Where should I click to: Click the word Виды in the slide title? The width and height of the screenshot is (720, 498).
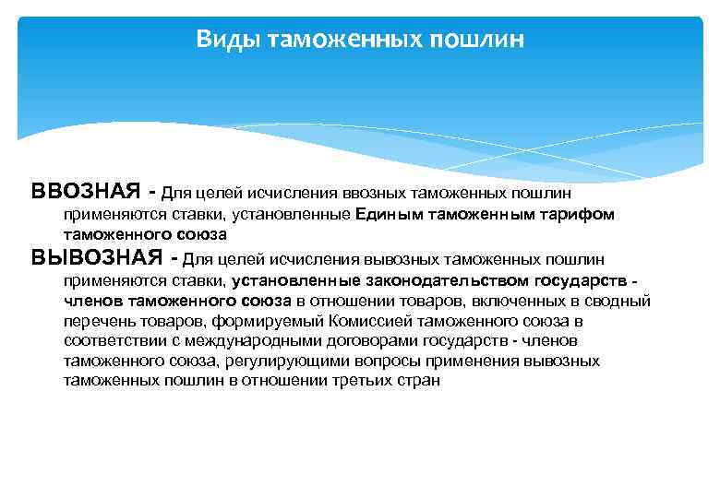222,40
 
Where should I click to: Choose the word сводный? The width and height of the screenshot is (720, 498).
622,301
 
